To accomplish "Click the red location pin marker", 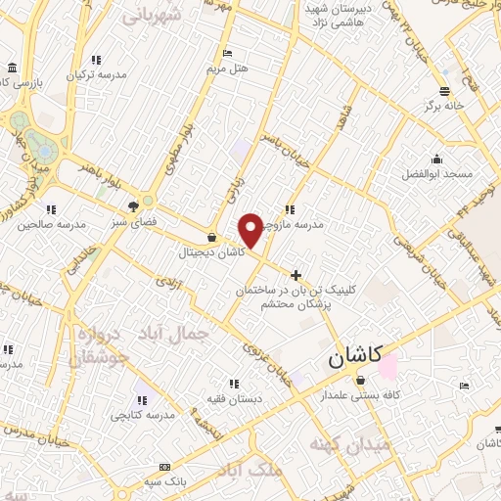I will [250, 229].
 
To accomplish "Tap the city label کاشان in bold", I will [354, 358].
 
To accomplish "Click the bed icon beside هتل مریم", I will [228, 54].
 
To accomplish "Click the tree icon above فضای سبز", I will [132, 205].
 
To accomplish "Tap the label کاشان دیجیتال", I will [212, 252].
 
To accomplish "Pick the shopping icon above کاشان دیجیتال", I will [213, 236].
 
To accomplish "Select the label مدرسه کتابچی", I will [141, 415].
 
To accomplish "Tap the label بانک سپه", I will [163, 482].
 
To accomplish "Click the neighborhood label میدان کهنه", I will [348, 444].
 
